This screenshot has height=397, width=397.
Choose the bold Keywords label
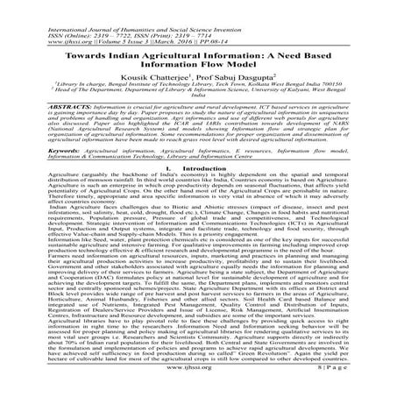point(34,175)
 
